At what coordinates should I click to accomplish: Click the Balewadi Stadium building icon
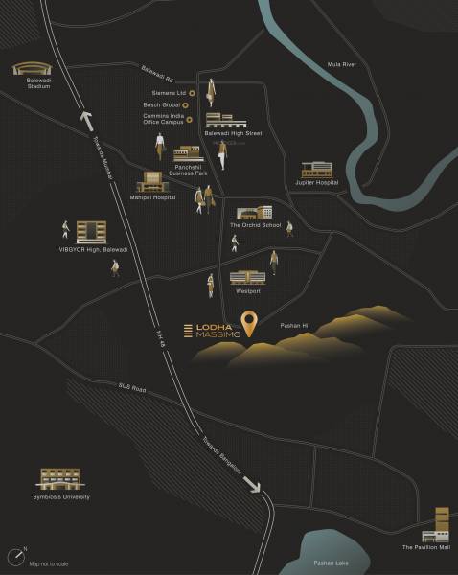[x=28, y=70]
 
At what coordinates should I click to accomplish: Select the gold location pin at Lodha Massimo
[x=249, y=324]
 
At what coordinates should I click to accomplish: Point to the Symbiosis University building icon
[x=59, y=479]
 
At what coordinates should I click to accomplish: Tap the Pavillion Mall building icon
[x=441, y=524]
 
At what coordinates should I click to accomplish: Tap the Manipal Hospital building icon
[x=151, y=181]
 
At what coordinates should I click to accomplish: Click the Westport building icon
[x=243, y=276]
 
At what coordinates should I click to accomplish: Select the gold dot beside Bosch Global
[x=191, y=105]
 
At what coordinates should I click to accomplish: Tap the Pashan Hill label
[x=293, y=327]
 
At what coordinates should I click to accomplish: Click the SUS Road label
[x=131, y=387]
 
